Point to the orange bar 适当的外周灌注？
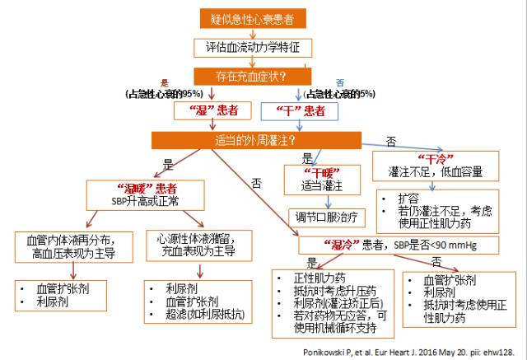(257, 139)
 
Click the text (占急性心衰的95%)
(166, 93)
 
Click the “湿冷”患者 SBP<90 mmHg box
(376, 245)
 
